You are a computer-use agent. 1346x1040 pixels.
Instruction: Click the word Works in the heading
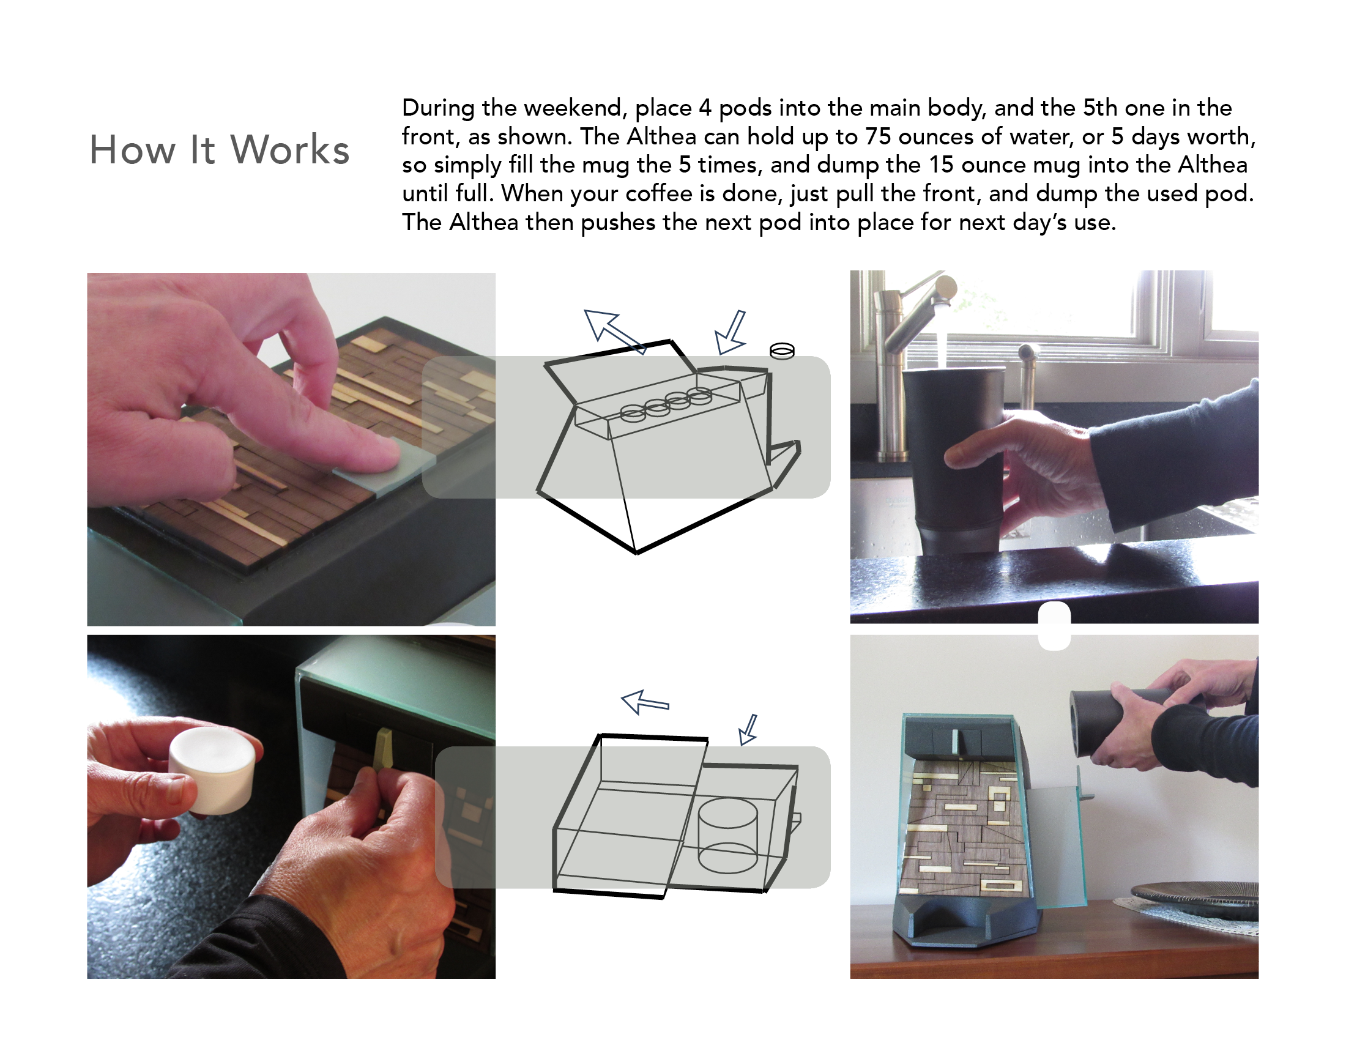(x=289, y=150)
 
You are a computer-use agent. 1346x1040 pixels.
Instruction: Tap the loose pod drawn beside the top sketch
(x=782, y=351)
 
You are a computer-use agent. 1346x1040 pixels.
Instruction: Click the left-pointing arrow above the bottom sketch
(x=645, y=702)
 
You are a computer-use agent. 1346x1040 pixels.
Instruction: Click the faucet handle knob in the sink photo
(x=946, y=288)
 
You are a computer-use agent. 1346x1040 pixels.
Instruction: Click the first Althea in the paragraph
(x=662, y=137)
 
